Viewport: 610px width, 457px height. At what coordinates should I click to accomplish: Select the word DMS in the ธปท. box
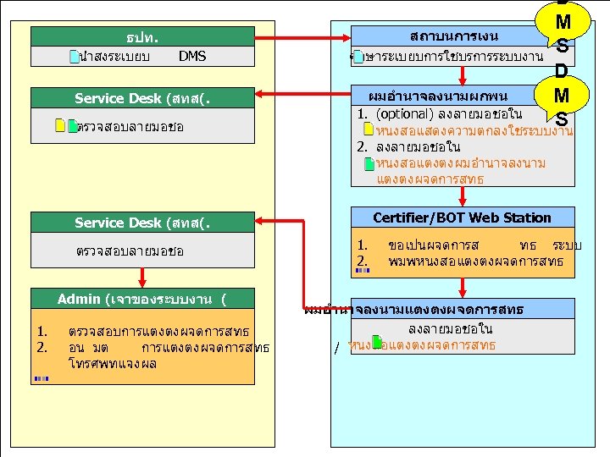[x=192, y=57]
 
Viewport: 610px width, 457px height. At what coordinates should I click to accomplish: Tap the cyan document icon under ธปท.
[x=75, y=58]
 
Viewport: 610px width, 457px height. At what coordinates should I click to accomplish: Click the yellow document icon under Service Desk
[x=59, y=126]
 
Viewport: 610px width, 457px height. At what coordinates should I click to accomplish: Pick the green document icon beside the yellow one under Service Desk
[x=72, y=126]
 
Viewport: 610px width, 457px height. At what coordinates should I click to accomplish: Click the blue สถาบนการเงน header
[x=441, y=36]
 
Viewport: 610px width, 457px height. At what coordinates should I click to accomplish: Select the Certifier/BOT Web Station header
[x=462, y=217]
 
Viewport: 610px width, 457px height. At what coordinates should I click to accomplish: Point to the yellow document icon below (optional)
[x=368, y=129]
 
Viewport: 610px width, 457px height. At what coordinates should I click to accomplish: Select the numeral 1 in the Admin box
[x=42, y=332]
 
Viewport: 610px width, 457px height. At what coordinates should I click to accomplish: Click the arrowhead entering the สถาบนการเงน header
[x=343, y=37]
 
